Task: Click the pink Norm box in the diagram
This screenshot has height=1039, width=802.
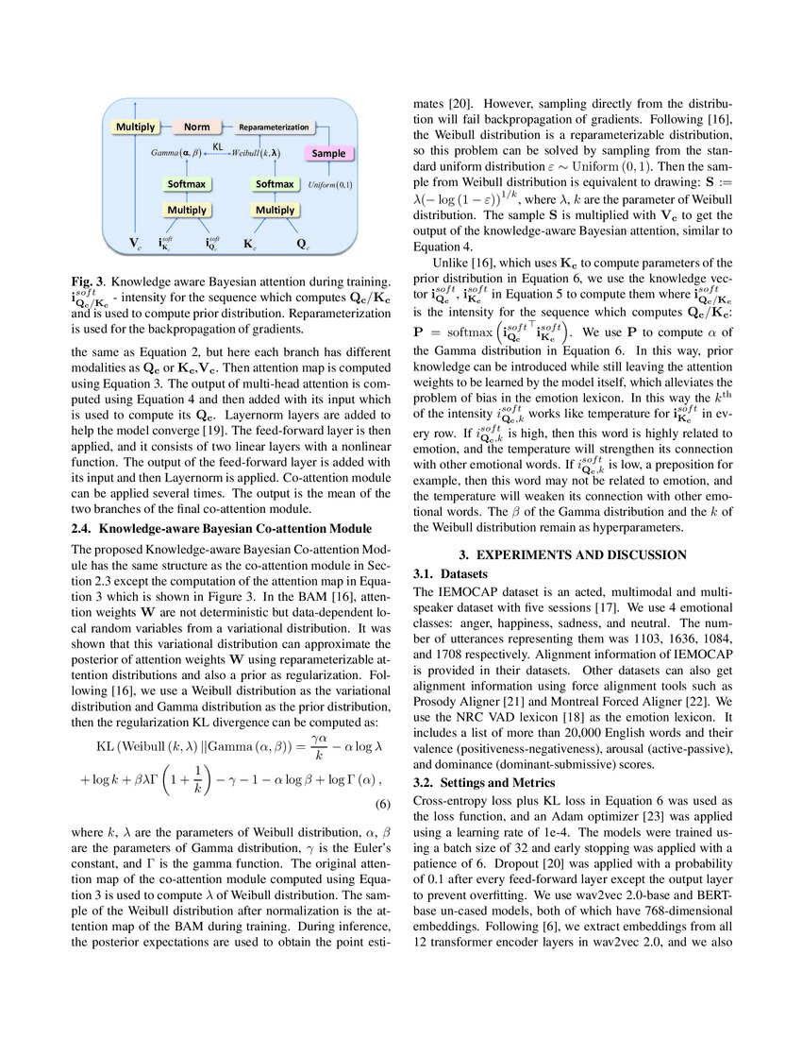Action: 197,127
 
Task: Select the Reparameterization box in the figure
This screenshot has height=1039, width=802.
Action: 274,127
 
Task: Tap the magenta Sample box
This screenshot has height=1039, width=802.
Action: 329,153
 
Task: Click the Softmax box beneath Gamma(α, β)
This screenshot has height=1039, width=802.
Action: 188,183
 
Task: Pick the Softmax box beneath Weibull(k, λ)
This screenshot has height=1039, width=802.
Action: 276,183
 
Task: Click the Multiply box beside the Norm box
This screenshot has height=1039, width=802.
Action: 136,127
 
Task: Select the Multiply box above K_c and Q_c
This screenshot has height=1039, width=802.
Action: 276,210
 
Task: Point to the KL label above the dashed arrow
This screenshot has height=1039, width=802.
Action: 217,146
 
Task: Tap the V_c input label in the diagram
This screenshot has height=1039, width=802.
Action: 136,244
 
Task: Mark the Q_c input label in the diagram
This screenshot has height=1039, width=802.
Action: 302,244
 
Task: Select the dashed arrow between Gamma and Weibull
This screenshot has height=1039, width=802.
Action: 217,154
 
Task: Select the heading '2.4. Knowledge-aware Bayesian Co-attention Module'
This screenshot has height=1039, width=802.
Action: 221,527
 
